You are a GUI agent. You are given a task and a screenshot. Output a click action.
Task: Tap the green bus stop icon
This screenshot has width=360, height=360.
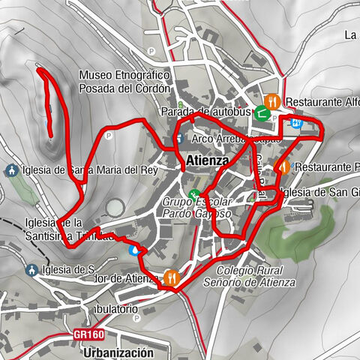click(x=262, y=113)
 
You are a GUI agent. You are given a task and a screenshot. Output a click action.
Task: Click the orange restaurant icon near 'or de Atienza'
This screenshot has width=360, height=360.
click(x=172, y=278)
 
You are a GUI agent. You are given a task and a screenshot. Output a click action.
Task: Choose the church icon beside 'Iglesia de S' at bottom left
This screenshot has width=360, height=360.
click(x=32, y=270)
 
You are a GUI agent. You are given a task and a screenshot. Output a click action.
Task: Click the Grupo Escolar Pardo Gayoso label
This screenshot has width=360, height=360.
click(x=196, y=208)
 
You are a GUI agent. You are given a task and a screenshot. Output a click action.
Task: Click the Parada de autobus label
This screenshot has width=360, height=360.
click(x=203, y=112)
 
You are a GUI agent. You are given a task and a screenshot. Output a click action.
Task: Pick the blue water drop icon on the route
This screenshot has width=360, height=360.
click(x=134, y=250)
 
